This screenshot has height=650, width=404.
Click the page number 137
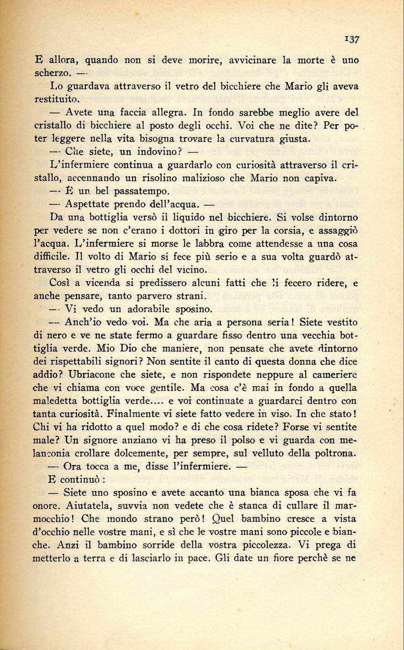(351, 39)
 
